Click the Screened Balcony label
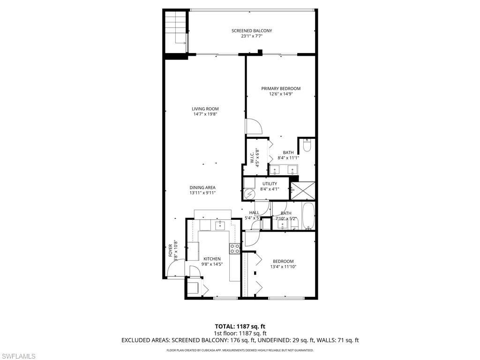click(x=251, y=31)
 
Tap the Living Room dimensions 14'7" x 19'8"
click(x=205, y=114)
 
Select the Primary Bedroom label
click(x=281, y=89)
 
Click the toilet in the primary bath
click(x=307, y=145)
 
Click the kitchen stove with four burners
click(x=235, y=248)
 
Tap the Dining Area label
click(x=202, y=187)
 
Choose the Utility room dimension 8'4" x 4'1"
click(x=270, y=189)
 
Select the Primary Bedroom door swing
click(x=253, y=126)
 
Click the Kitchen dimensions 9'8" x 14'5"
click(x=212, y=264)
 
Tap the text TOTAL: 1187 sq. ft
click(x=240, y=326)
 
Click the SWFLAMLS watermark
click(x=18, y=356)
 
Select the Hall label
click(x=254, y=213)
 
